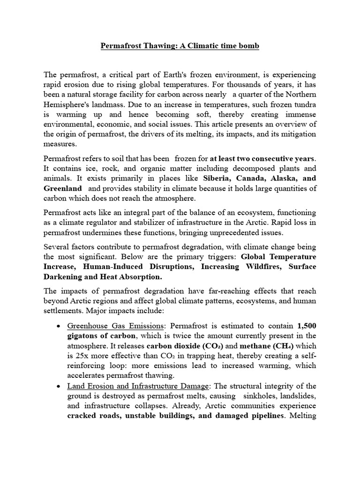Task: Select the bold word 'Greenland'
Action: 63,188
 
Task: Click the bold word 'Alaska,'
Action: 283,179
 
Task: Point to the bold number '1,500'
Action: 307,326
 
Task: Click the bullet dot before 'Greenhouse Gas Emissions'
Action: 57,326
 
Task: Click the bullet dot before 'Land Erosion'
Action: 57,386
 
